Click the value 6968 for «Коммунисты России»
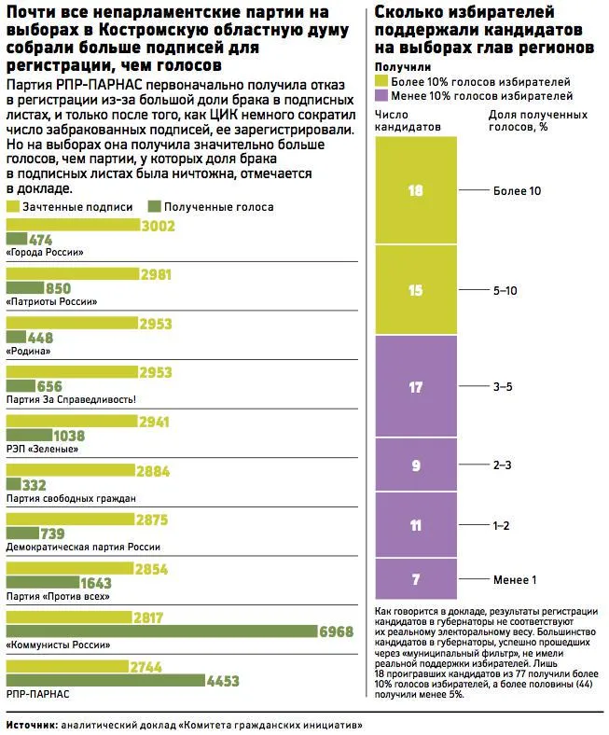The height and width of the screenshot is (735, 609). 336,631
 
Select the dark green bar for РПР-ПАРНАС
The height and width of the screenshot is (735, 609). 105,680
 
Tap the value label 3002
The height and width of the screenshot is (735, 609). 158,226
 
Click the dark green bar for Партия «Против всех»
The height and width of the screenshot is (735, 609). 43,582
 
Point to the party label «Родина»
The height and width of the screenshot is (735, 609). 28,351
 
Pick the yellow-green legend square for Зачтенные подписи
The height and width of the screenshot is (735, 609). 13,207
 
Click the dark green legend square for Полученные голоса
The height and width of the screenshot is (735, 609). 154,207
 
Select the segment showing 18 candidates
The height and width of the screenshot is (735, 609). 416,190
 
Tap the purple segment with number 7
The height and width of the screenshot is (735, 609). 416,579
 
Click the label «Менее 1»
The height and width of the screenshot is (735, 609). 514,580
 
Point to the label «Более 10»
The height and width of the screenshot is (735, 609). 517,191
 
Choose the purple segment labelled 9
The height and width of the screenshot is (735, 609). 416,465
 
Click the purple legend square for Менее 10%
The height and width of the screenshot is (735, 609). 381,96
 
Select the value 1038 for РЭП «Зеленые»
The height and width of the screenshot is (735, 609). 69,436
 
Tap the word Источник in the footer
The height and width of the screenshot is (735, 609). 32,725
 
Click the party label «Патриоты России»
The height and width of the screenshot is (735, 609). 51,301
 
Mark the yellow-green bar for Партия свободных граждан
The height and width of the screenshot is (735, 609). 70,470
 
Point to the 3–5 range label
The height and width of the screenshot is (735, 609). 503,387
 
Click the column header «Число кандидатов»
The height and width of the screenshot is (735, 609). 408,120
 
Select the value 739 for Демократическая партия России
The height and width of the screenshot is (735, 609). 52,534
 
